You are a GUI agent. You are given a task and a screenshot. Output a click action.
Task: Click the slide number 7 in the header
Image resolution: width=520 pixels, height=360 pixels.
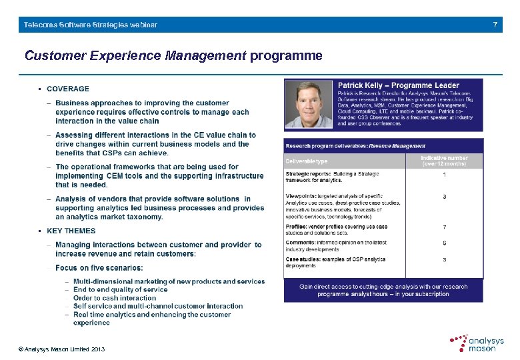click(495, 25)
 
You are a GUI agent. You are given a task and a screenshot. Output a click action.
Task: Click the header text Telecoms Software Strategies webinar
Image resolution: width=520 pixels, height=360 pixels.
click(91, 25)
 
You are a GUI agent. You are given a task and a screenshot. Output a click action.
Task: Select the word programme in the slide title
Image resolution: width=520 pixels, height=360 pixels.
click(286, 56)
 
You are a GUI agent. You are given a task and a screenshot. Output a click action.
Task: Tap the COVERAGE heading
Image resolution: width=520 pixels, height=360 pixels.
click(67, 89)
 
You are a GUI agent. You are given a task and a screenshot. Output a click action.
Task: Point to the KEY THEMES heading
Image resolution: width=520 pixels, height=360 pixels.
click(71, 231)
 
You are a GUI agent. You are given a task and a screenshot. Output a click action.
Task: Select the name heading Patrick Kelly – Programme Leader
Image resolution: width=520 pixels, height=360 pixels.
click(398, 85)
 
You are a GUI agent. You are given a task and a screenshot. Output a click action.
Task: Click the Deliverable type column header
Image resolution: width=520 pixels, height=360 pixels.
click(307, 161)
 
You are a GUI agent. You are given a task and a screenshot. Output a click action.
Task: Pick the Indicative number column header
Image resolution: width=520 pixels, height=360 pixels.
click(444, 161)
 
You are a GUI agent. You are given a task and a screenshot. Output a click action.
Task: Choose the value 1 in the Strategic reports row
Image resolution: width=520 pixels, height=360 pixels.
click(445, 175)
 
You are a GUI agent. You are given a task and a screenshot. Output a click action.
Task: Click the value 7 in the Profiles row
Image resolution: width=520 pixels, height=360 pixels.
click(445, 227)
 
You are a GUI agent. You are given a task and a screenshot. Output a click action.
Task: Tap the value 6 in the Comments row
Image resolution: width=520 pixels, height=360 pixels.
click(445, 243)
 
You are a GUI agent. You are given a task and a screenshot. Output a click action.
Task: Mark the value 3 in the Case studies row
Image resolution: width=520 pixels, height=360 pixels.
click(445, 260)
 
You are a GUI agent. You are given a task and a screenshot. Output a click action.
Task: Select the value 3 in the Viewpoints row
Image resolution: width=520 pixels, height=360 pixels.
click(445, 197)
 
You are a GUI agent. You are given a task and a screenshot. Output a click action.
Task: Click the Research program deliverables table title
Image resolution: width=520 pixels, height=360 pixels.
click(355, 146)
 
